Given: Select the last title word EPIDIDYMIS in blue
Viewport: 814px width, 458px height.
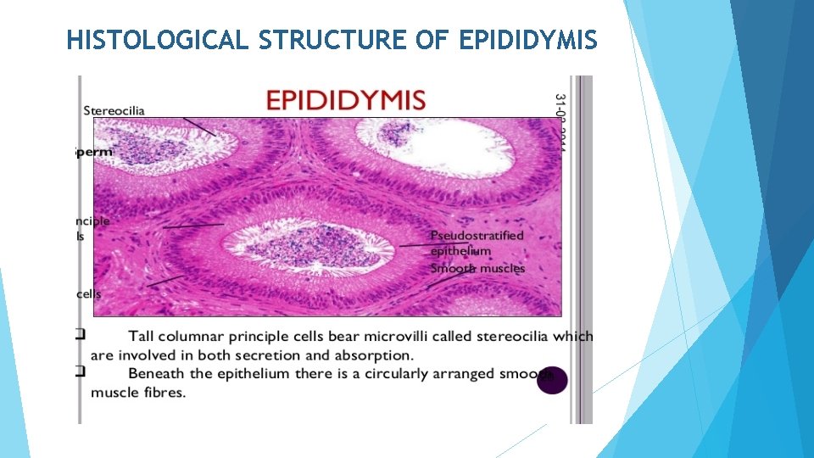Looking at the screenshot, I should pyautogui.click(x=528, y=39).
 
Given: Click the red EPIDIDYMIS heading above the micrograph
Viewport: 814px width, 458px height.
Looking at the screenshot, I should pyautogui.click(x=346, y=100).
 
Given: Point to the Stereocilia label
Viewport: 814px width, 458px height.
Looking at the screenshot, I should pyautogui.click(x=114, y=110).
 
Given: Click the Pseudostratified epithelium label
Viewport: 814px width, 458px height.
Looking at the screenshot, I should pyautogui.click(x=477, y=243).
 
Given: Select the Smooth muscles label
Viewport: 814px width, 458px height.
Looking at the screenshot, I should pyautogui.click(x=477, y=269).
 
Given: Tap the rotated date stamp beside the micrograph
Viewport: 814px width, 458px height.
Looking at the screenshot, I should pyautogui.click(x=560, y=119).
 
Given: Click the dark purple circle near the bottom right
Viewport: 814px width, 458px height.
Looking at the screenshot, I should pyautogui.click(x=552, y=381).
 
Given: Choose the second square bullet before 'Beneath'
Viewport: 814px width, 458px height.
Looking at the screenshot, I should pyautogui.click(x=80, y=371).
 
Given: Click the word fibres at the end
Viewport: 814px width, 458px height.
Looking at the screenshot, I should pyautogui.click(x=166, y=392).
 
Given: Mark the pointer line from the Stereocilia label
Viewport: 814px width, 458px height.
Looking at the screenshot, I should pyautogui.click(x=200, y=126).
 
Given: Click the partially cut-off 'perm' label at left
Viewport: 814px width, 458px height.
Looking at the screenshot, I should pyautogui.click(x=93, y=152).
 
